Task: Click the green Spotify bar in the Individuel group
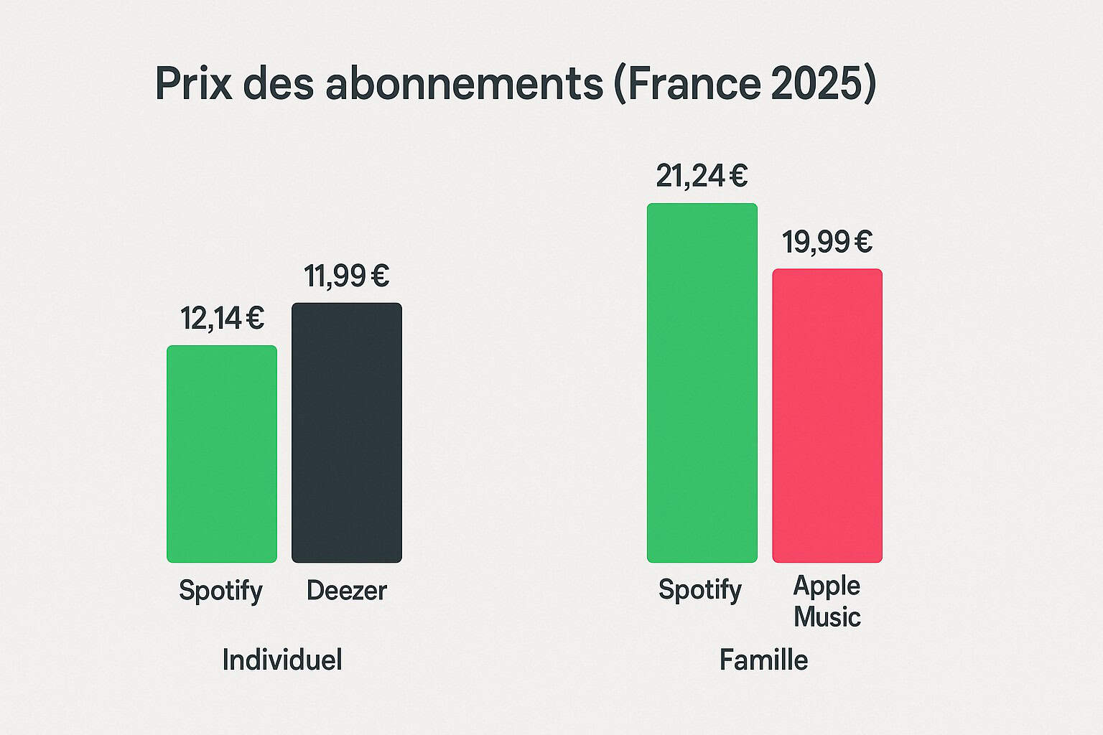222,454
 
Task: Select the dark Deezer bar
347,433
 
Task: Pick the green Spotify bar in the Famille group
702,383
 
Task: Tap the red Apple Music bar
827,416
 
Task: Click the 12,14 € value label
222,318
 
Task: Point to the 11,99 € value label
346,276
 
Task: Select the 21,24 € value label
702,176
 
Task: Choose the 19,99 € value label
827,242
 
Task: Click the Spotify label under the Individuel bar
220,591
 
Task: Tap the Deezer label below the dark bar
347,591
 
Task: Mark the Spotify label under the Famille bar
700,590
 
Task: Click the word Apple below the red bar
827,586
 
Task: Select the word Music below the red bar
827,617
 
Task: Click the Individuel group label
282,660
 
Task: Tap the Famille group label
763,660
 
